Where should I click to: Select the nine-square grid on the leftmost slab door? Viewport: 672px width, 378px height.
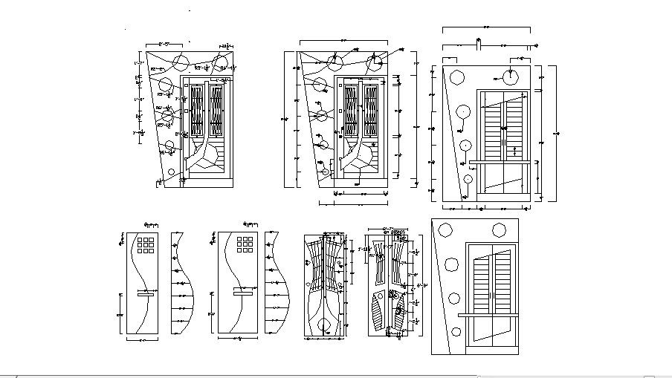pos(146,245)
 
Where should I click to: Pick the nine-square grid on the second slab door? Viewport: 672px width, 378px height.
pos(245,245)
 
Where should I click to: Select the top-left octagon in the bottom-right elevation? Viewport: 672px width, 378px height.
pos(446,229)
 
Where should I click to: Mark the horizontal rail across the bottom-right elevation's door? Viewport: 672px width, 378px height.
pos(487,315)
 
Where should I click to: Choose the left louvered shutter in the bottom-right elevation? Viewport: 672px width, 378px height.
pos(479,281)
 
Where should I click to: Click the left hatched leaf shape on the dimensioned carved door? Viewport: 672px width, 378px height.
pos(378,312)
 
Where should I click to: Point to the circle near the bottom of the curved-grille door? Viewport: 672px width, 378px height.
pos(324,325)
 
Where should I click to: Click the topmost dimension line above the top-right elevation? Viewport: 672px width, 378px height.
pos(485,29)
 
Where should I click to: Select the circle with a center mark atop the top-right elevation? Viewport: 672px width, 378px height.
pos(511,76)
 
